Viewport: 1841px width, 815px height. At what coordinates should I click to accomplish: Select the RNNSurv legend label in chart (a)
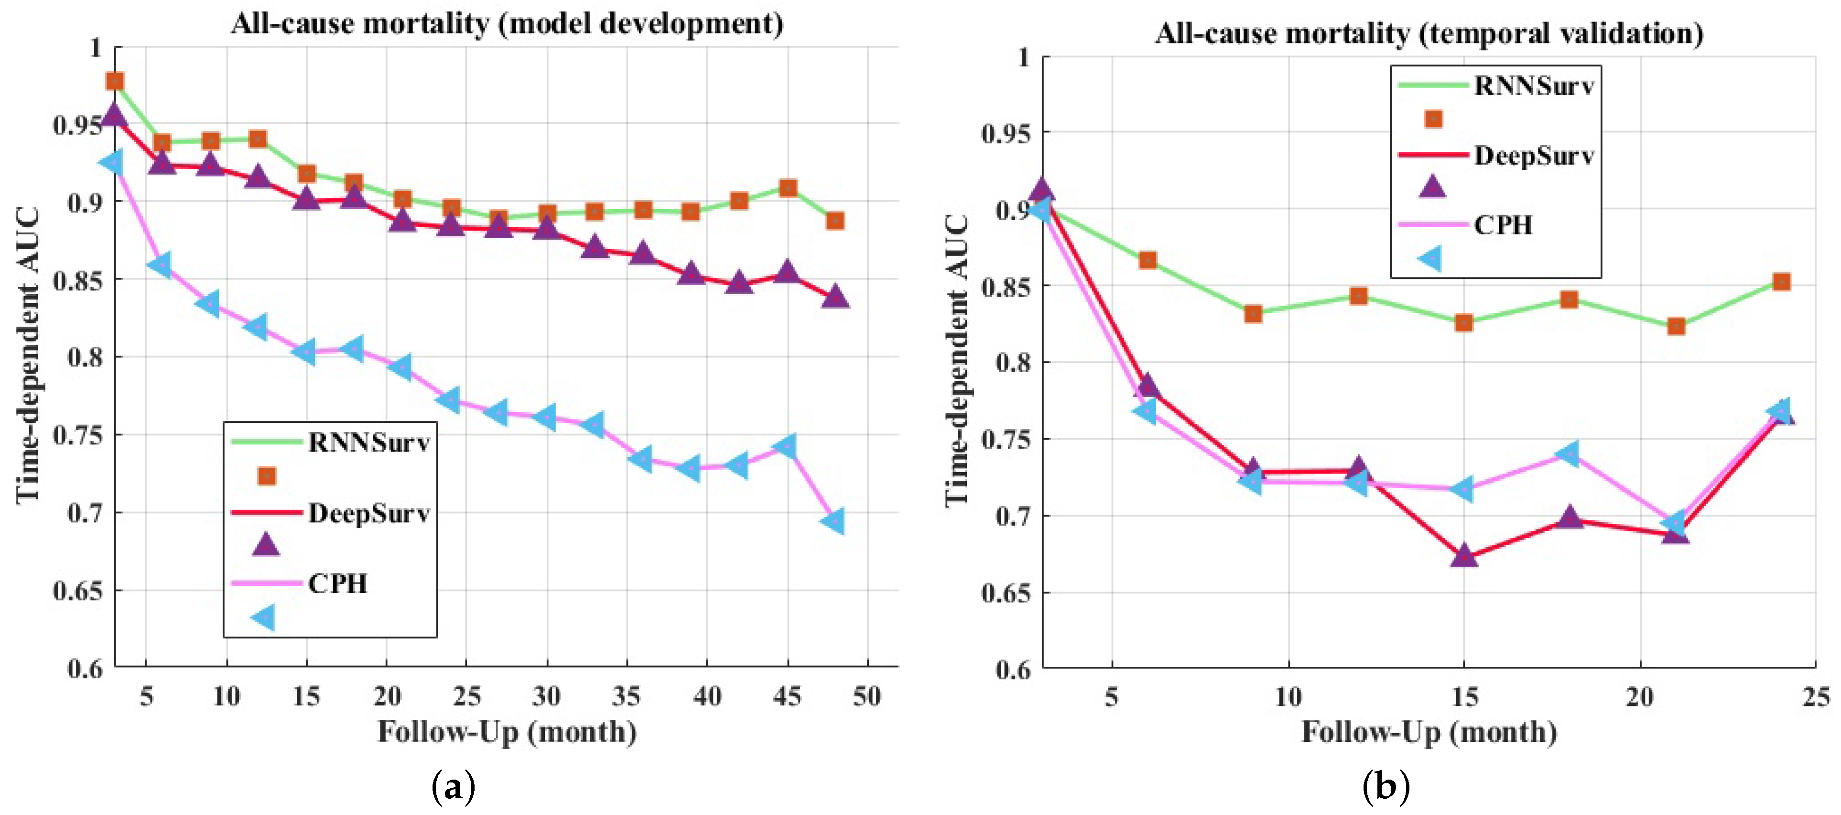369,442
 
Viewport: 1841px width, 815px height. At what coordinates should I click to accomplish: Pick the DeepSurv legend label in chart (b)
1534,155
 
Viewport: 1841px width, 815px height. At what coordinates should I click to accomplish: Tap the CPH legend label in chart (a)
337,584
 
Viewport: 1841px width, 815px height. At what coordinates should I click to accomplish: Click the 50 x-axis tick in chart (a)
867,695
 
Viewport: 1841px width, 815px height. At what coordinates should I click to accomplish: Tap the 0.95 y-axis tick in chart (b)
1006,133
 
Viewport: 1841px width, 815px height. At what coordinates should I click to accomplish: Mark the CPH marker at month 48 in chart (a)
834,520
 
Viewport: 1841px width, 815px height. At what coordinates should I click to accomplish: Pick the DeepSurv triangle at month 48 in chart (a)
835,297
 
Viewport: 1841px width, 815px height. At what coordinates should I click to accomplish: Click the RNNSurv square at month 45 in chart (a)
788,188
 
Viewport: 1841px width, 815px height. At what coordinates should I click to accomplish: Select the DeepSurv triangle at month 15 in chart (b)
1463,555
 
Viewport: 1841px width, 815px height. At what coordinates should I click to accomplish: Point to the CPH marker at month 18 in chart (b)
1569,453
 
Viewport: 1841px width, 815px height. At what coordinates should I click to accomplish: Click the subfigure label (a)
453,788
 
